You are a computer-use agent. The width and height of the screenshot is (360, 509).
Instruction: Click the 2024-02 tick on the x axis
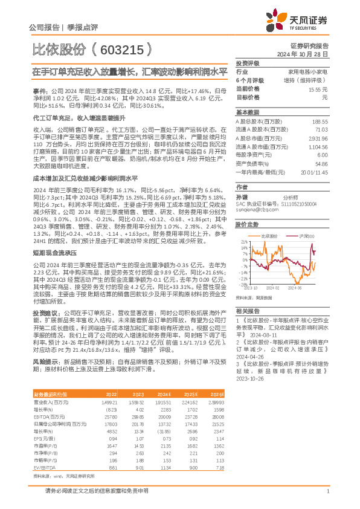coord(275,288)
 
